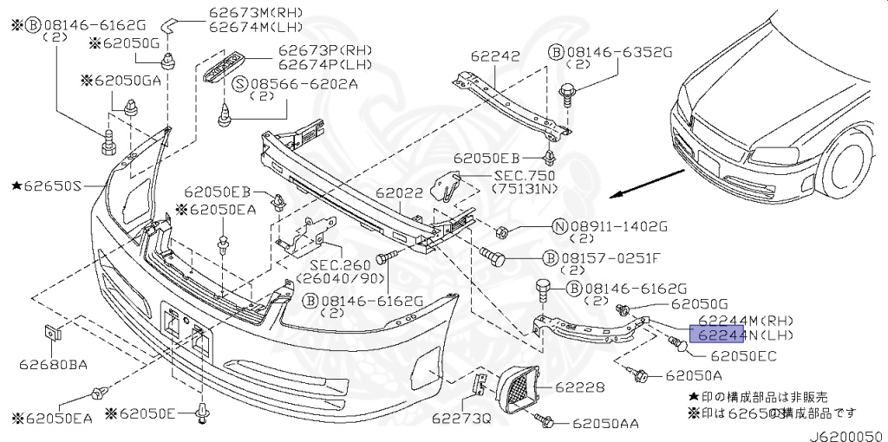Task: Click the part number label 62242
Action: pyautogui.click(x=495, y=56)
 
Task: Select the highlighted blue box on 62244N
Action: pyautogui.click(x=716, y=335)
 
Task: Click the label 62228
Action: pyautogui.click(x=579, y=387)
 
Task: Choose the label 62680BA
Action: pyautogui.click(x=53, y=365)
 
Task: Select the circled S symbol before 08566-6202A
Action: pyautogui.click(x=241, y=85)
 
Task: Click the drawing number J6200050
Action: pyautogui.click(x=847, y=436)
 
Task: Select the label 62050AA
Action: pyautogui.click(x=605, y=423)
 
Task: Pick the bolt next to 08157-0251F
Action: pyautogui.click(x=493, y=257)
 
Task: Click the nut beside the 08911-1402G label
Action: pyautogui.click(x=500, y=231)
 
